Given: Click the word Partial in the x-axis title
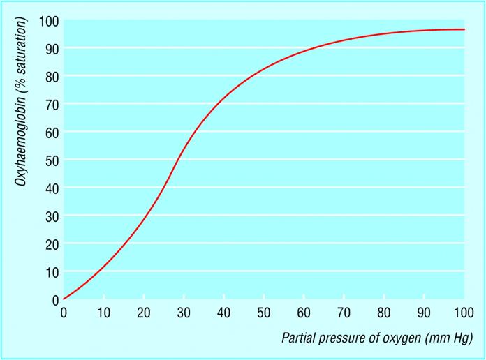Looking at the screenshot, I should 297,339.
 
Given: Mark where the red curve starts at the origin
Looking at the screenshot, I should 64,299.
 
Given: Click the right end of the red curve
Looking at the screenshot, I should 464,29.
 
